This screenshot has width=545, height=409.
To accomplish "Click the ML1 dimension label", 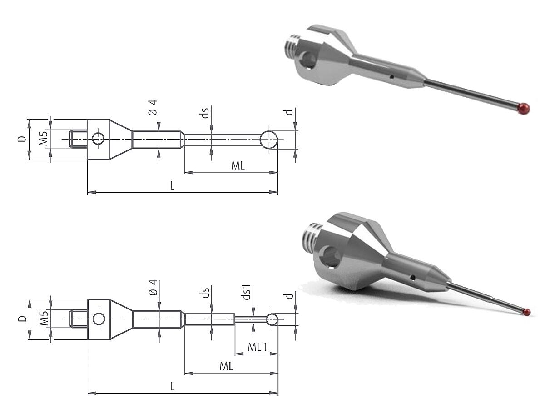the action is point(257,347).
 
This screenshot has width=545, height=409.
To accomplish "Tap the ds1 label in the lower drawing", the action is point(246,293).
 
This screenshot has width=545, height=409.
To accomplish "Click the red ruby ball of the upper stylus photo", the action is point(524,109).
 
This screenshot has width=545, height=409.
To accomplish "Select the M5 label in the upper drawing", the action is point(43,139).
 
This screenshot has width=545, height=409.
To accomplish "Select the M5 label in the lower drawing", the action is point(44,318).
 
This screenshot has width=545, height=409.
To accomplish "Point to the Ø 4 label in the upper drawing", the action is point(153,108).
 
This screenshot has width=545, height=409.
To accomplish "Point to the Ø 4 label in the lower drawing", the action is point(153,288).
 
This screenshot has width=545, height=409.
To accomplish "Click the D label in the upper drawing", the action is point(22,139).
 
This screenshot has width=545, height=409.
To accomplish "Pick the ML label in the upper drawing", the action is point(238,165).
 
